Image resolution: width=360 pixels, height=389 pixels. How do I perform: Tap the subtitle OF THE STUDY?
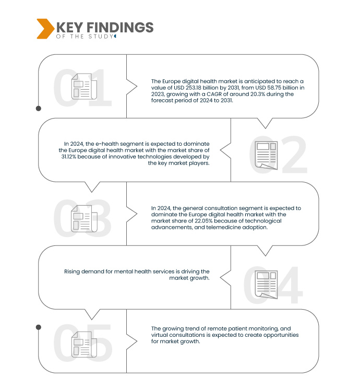85,37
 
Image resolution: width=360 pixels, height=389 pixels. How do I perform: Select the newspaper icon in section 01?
84,86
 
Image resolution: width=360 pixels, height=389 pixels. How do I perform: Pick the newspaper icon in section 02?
266,155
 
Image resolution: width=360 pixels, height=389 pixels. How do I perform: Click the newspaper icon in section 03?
84,219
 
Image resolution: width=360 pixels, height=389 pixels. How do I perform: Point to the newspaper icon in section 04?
266,285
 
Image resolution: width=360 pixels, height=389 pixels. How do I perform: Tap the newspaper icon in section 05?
84,344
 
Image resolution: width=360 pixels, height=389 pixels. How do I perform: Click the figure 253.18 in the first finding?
194,88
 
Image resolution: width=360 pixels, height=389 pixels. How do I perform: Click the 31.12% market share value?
69,157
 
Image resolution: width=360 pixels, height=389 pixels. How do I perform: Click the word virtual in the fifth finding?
159,335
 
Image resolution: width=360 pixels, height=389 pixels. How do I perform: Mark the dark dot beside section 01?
39,109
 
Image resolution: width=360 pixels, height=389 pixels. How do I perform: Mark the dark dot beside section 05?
39,327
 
